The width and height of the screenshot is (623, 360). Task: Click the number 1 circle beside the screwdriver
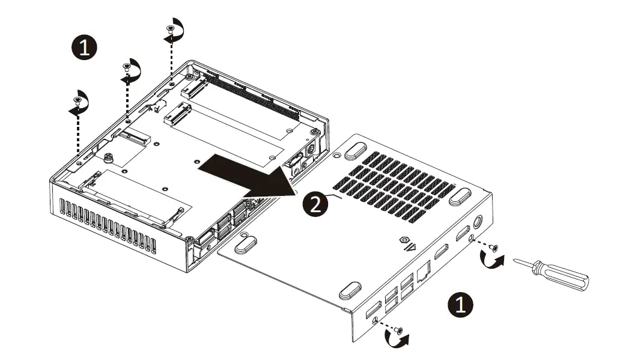click(461, 305)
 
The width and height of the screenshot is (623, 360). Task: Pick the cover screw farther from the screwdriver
click(398, 330)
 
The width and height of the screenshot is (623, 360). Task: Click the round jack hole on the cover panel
click(479, 221)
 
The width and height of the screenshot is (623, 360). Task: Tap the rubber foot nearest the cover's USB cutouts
click(349, 291)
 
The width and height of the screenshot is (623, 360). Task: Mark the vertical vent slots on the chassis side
click(108, 228)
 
